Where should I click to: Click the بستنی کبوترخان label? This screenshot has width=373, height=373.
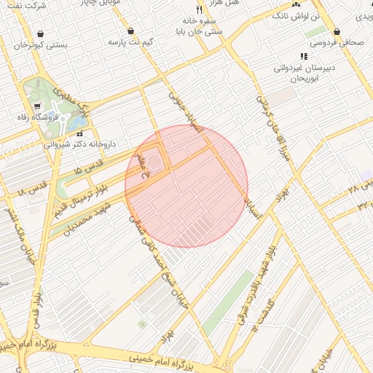[x=41, y=45]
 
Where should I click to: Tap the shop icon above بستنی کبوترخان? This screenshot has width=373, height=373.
[x=39, y=34]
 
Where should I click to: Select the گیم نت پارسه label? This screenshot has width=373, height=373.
[x=130, y=43]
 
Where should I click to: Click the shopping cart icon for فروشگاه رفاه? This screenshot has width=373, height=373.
[x=37, y=106]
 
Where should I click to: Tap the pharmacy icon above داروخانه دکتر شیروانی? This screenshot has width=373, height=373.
[x=79, y=134]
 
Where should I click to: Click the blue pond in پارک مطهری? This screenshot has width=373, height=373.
[x=76, y=122]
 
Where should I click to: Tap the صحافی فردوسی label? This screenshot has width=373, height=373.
[x=337, y=43]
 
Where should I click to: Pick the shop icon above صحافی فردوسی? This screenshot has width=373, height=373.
[x=337, y=32]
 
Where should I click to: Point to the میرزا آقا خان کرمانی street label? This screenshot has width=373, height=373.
[x=269, y=127]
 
